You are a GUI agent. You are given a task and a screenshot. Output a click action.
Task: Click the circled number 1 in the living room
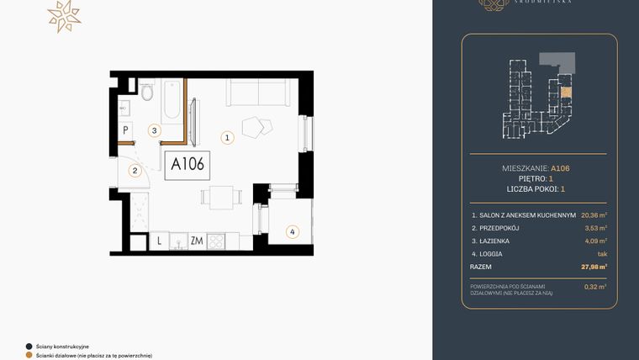(226, 137)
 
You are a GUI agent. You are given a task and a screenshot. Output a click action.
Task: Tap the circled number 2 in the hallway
(134, 171)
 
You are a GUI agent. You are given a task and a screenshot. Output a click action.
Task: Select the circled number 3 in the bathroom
(154, 130)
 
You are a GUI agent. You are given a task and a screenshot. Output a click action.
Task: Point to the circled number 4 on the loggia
(292, 231)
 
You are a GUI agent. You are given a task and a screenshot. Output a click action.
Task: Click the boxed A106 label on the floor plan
(187, 164)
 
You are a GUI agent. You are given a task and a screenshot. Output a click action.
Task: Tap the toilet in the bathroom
(147, 93)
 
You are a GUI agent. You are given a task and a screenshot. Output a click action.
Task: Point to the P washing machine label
(126, 130)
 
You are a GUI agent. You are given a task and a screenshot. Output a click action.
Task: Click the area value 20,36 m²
(592, 214)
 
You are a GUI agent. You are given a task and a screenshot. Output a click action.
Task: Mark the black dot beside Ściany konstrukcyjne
(29, 346)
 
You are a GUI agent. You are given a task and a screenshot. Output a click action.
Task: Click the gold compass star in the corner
(63, 15)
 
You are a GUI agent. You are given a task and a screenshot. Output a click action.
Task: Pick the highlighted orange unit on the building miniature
(565, 93)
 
